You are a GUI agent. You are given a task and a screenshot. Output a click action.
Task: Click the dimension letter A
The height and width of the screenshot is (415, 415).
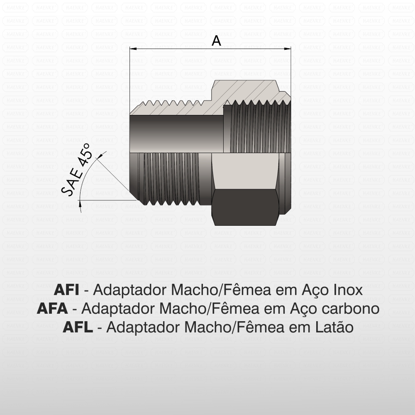216,41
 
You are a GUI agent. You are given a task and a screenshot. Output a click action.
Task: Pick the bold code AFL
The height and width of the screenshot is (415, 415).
78,327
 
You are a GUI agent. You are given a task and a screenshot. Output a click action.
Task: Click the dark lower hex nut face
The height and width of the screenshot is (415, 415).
245,207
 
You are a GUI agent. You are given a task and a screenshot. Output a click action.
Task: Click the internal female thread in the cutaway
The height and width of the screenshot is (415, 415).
257,129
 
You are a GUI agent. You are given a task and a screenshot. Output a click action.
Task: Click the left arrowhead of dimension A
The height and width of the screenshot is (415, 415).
132,49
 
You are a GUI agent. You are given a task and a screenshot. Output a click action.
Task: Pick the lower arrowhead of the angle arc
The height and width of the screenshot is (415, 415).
80,204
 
